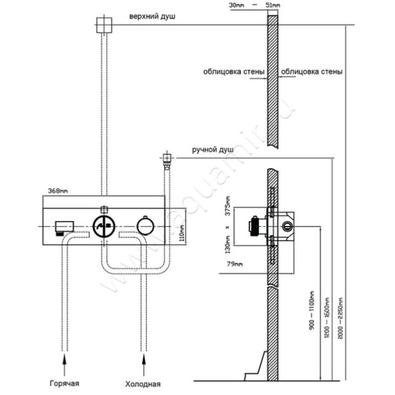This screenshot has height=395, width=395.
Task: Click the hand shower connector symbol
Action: pyautogui.click(x=167, y=159)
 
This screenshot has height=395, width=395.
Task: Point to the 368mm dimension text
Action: pyautogui.click(x=58, y=190)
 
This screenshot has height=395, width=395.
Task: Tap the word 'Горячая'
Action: pyautogui.click(x=63, y=383)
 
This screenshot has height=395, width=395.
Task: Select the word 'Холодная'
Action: pyautogui.click(x=143, y=383)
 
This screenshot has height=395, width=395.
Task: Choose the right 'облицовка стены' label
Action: pyautogui.click(x=312, y=72)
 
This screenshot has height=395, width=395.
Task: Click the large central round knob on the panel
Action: pyautogui.click(x=104, y=226)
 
